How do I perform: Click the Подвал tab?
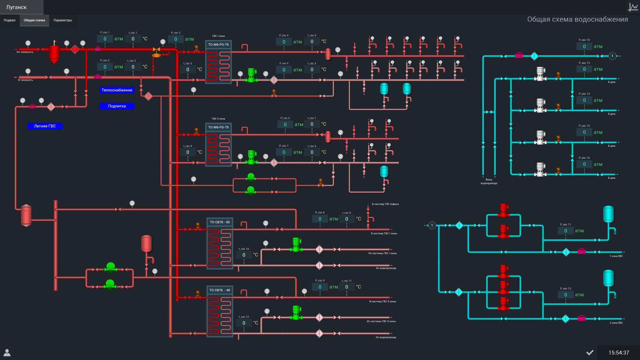10,20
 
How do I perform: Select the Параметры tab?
63,20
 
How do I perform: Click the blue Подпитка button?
117,106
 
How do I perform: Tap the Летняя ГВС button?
45,126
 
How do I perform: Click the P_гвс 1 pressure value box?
105,39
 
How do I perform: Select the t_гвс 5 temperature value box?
188,70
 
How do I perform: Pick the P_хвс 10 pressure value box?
584,47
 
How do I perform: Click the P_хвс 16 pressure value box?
584,164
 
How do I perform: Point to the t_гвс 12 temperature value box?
244,323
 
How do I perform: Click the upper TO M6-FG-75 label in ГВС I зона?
219,45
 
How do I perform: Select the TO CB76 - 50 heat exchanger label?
220,222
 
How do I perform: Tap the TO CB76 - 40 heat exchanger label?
220,290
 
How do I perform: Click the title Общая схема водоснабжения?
577,20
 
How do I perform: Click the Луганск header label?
16,7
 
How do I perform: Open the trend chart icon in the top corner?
633,7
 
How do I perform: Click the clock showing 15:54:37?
619,353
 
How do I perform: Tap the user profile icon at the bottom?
7,353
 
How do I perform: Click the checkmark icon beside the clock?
590,353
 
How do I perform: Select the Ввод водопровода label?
489,182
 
